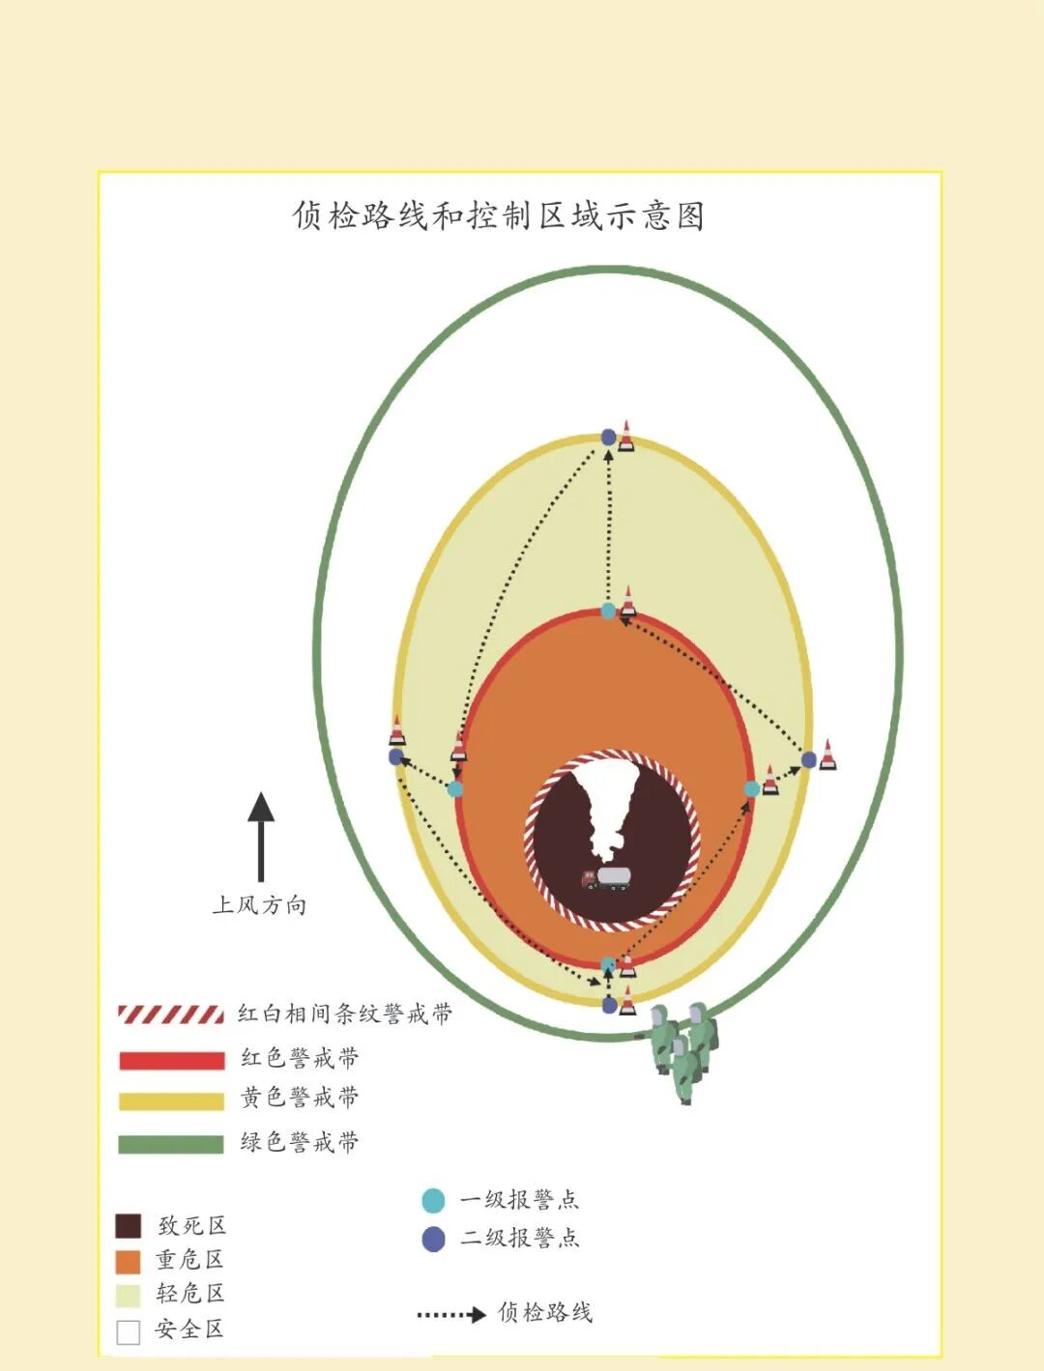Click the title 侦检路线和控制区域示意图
(x=498, y=215)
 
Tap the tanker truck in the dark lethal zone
(x=605, y=877)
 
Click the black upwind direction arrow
(x=261, y=837)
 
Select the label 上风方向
(x=259, y=905)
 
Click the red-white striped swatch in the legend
(x=171, y=1014)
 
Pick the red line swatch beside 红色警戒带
(x=171, y=1060)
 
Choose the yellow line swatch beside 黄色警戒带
(x=171, y=1100)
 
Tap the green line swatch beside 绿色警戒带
(x=171, y=1144)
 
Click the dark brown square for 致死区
(x=129, y=1226)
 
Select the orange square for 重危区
(x=129, y=1261)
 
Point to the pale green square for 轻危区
(x=129, y=1295)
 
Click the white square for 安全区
(x=129, y=1331)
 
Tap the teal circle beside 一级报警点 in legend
(x=433, y=1201)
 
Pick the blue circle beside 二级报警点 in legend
(x=433, y=1239)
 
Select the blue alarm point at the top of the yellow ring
(x=608, y=438)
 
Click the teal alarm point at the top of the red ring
(x=608, y=611)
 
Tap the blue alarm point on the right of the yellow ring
(x=809, y=759)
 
